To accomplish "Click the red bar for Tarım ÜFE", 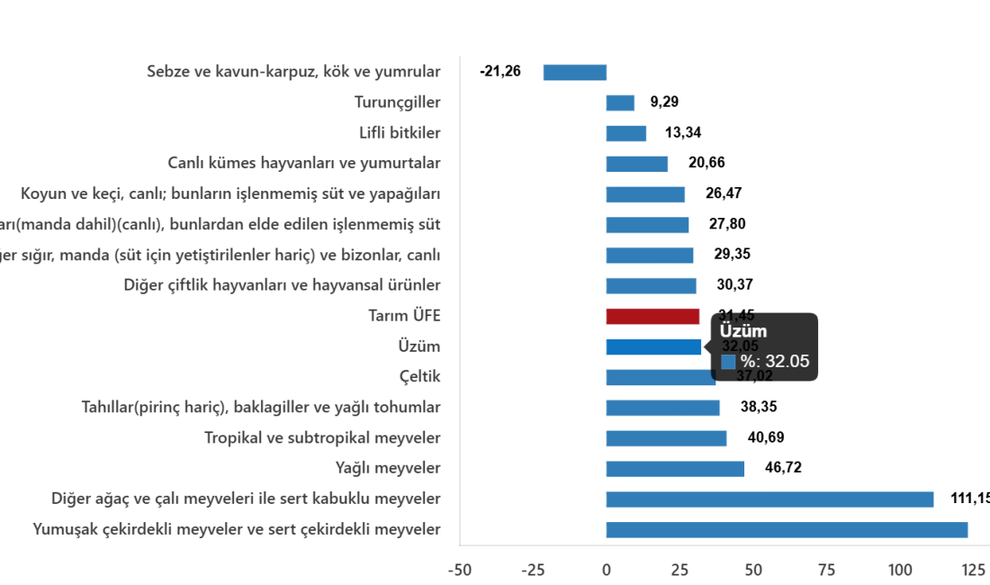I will [x=652, y=316].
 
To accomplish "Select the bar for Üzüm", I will [x=653, y=346].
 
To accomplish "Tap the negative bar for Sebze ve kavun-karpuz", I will [x=574, y=73].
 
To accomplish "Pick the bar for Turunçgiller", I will [x=620, y=103].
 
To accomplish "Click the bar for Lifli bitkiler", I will [x=625, y=133].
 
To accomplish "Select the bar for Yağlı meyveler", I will [x=675, y=468].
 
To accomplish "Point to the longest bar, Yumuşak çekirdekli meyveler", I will [x=787, y=529].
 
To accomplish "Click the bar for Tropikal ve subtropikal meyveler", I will [x=666, y=438].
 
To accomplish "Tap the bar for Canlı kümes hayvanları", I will [x=636, y=164].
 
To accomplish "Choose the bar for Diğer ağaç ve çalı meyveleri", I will [x=769, y=499].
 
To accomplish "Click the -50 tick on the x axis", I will [x=459, y=570].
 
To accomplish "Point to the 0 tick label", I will [x=606, y=570].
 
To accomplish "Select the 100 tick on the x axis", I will [x=899, y=570].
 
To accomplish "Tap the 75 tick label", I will [x=826, y=570].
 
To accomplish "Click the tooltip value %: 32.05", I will [x=774, y=362].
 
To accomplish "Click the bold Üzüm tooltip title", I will [x=742, y=331].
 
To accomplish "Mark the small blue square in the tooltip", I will [x=728, y=362].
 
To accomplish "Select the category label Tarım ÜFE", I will [x=404, y=316].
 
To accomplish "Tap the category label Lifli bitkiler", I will [x=400, y=133].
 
